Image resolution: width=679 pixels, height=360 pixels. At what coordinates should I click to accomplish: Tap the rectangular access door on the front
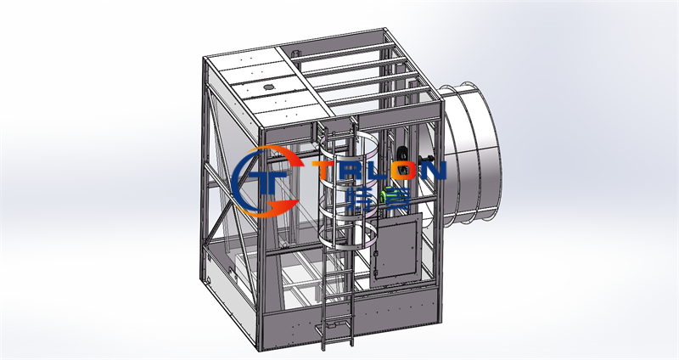pyautogui.click(x=396, y=250)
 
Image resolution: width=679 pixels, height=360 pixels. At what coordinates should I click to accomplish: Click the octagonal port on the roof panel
pyautogui.click(x=268, y=87)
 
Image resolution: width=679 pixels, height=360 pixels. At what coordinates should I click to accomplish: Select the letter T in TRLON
pyautogui.click(x=324, y=171)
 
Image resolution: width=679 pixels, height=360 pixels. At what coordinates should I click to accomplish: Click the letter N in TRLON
pyautogui.click(x=430, y=171)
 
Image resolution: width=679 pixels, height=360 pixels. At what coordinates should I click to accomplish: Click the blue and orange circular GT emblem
pyautogui.click(x=266, y=181)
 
